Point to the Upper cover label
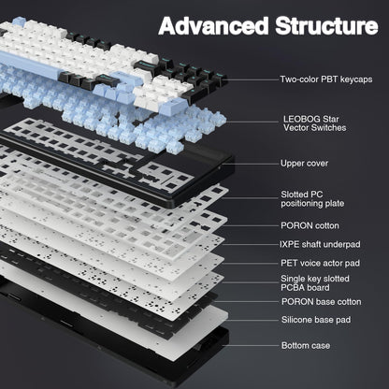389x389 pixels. pos(304,164)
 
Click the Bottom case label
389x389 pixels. pos(305,346)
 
